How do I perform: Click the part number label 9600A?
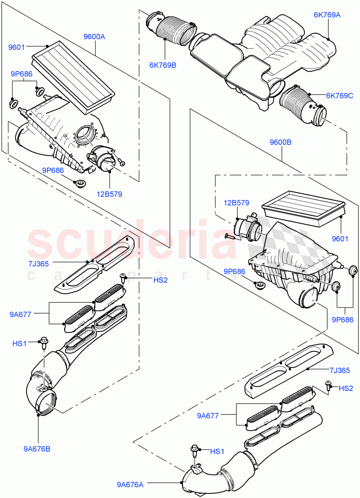click(94, 37)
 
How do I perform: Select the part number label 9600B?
click(281, 142)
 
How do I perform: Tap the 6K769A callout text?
click(327, 15)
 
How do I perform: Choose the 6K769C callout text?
click(339, 95)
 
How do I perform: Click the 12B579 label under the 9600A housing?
click(110, 194)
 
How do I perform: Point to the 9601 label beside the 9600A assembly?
click(17, 47)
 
